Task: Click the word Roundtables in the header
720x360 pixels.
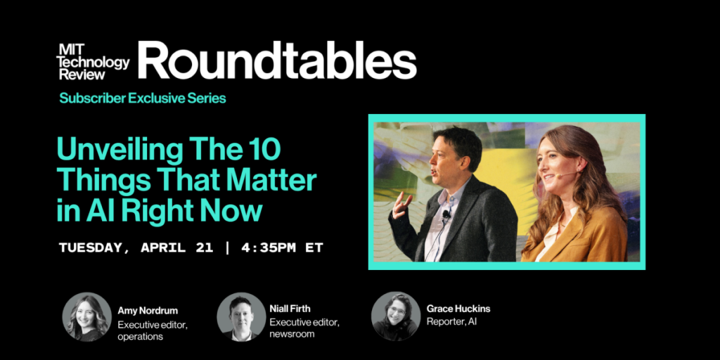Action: [x=277, y=60]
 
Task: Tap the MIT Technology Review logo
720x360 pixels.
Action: [x=94, y=61]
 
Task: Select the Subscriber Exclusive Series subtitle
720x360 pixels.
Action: [x=142, y=98]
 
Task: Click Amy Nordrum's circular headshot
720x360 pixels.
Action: [x=86, y=317]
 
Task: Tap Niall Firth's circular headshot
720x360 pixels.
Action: [x=241, y=317]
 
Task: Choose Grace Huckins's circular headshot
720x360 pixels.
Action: [x=395, y=317]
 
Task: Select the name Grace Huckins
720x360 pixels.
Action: [x=458, y=308]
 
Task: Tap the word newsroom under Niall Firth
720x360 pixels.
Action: [x=292, y=334]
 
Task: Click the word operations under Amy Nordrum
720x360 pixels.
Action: [x=140, y=337]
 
